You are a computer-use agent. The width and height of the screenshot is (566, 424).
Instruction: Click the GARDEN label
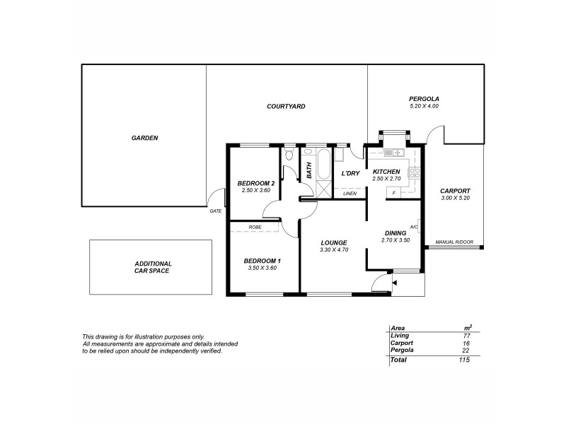(x=144, y=138)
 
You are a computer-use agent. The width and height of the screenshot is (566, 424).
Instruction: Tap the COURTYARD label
(x=286, y=106)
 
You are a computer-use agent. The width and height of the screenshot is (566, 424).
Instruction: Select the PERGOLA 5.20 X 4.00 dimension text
(x=424, y=106)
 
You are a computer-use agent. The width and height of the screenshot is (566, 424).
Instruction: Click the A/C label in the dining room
(x=414, y=227)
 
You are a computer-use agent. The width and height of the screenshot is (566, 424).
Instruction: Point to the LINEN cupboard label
(x=350, y=193)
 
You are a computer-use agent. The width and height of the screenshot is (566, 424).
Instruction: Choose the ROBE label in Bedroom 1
(x=255, y=227)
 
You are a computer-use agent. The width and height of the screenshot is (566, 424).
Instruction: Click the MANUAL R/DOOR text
(x=454, y=241)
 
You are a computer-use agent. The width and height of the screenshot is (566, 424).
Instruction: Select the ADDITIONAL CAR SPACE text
(x=153, y=266)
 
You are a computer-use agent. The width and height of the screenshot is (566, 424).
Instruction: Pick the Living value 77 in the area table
(x=467, y=336)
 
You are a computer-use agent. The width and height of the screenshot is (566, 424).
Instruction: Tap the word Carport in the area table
(x=401, y=343)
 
